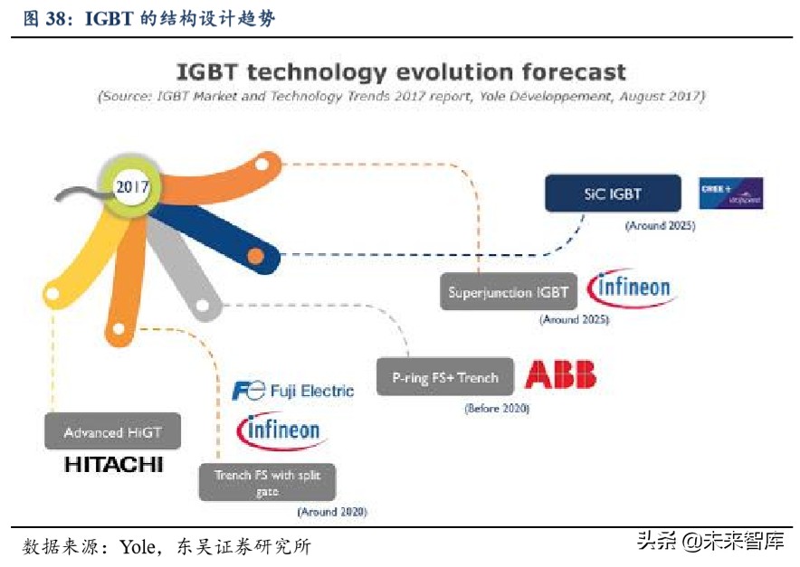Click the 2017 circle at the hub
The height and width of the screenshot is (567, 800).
(x=132, y=187)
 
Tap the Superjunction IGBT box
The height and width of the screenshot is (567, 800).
(x=509, y=292)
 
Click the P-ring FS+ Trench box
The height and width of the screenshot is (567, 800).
(x=444, y=378)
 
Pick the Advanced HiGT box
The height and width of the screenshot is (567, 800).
(x=112, y=432)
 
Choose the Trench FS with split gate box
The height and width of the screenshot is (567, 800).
(x=267, y=482)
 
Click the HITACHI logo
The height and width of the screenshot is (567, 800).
(x=113, y=465)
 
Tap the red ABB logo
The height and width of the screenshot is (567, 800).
(x=560, y=375)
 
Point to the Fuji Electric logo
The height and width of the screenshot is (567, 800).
(x=292, y=391)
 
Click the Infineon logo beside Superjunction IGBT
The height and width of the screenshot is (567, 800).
(x=630, y=288)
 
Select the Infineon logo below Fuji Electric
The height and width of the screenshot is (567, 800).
(x=280, y=430)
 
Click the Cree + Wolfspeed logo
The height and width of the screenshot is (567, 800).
(x=731, y=193)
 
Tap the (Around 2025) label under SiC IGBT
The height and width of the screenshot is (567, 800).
(x=660, y=226)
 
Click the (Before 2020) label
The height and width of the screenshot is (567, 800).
(x=497, y=409)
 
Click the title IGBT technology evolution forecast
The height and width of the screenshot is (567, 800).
(x=400, y=71)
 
